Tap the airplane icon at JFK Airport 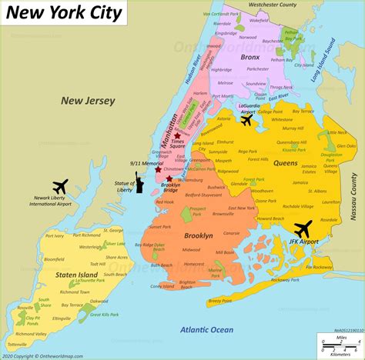pyautogui.click(x=302, y=229)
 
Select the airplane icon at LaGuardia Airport pyautogui.click(x=247, y=120)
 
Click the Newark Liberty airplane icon pyautogui.click(x=59, y=186)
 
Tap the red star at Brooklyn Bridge pyautogui.click(x=169, y=178)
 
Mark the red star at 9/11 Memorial pyautogui.click(x=158, y=169)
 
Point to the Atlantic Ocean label pyautogui.click(x=206, y=328)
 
